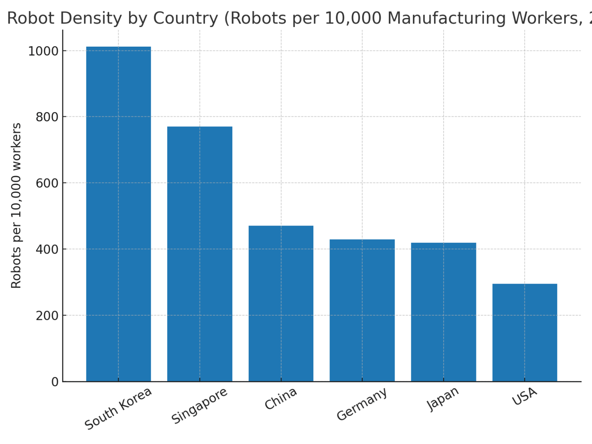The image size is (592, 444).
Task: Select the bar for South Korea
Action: click(118, 214)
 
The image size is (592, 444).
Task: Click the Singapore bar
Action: click(200, 254)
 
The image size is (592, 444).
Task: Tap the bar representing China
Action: click(281, 304)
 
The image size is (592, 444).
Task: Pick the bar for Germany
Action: click(362, 310)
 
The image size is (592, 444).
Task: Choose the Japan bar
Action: click(443, 312)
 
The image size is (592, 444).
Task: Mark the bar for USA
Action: click(525, 333)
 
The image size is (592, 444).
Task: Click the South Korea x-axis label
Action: click(118, 409)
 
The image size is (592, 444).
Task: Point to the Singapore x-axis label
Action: click(200, 406)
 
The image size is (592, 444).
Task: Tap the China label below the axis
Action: click(281, 399)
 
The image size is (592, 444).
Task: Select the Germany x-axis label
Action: click(362, 404)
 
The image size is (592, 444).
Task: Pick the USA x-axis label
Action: click(525, 396)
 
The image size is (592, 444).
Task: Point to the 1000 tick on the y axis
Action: click(44, 51)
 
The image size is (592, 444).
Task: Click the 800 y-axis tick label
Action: click(47, 117)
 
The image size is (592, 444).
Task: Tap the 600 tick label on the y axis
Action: click(47, 183)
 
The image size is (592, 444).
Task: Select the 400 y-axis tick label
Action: click(47, 249)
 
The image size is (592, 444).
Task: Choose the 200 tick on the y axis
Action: click(47, 315)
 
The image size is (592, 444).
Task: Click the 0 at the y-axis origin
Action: click(55, 382)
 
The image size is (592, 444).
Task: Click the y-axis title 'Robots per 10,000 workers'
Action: click(16, 205)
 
